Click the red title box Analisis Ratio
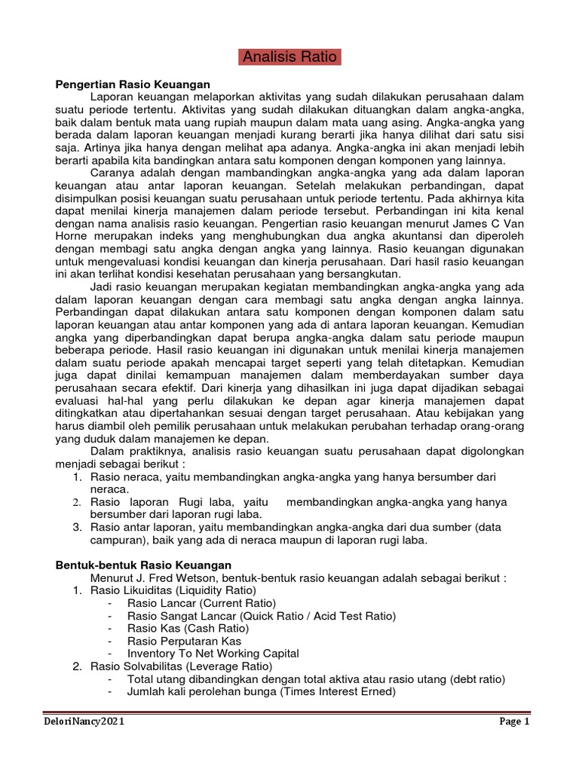[x=290, y=58]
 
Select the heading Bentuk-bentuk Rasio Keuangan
[x=145, y=565]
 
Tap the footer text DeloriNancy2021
[x=83, y=721]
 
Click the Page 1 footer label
[x=516, y=721]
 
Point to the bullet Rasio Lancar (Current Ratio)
[x=202, y=603]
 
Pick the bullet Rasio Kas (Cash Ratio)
[x=188, y=629]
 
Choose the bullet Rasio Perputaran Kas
[x=184, y=641]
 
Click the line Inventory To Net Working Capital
[x=213, y=654]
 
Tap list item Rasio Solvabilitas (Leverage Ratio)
[x=181, y=666]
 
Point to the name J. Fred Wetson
[x=161, y=577]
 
